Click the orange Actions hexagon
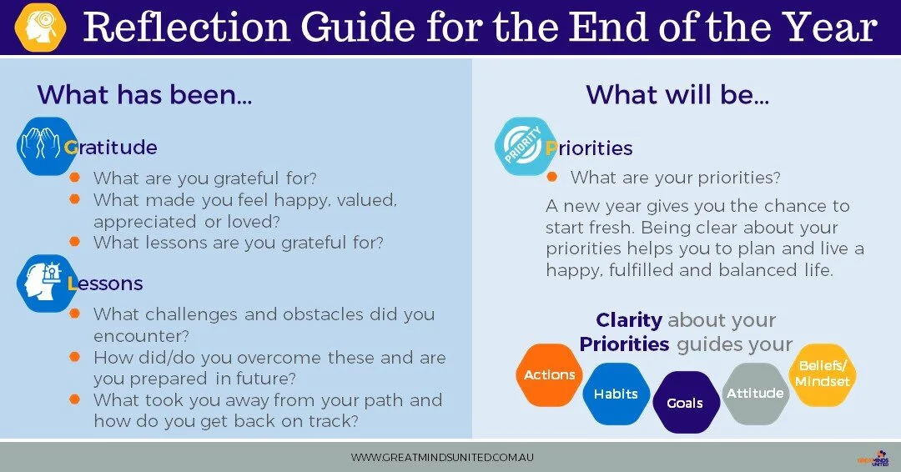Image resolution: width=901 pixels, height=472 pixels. [x=549, y=375]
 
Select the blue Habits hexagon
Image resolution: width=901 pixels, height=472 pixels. [x=616, y=394]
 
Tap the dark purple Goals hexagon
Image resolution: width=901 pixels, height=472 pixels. [x=684, y=403]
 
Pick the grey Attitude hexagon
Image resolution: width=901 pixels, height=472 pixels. [x=755, y=393]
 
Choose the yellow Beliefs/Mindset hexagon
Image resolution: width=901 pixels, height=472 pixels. [x=823, y=374]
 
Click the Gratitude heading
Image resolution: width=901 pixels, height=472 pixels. [x=110, y=148]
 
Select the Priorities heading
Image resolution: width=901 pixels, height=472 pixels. [x=589, y=148]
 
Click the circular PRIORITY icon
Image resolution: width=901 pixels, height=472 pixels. [x=525, y=146]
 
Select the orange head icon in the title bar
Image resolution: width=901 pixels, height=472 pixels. [x=40, y=27]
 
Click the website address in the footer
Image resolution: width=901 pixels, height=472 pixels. [x=442, y=458]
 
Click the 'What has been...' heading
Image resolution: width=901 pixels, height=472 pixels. [x=144, y=95]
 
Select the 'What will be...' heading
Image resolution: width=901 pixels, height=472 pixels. [x=677, y=95]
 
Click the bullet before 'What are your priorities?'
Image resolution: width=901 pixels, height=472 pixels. [x=551, y=177]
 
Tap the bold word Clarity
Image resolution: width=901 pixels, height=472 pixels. [x=629, y=320]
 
